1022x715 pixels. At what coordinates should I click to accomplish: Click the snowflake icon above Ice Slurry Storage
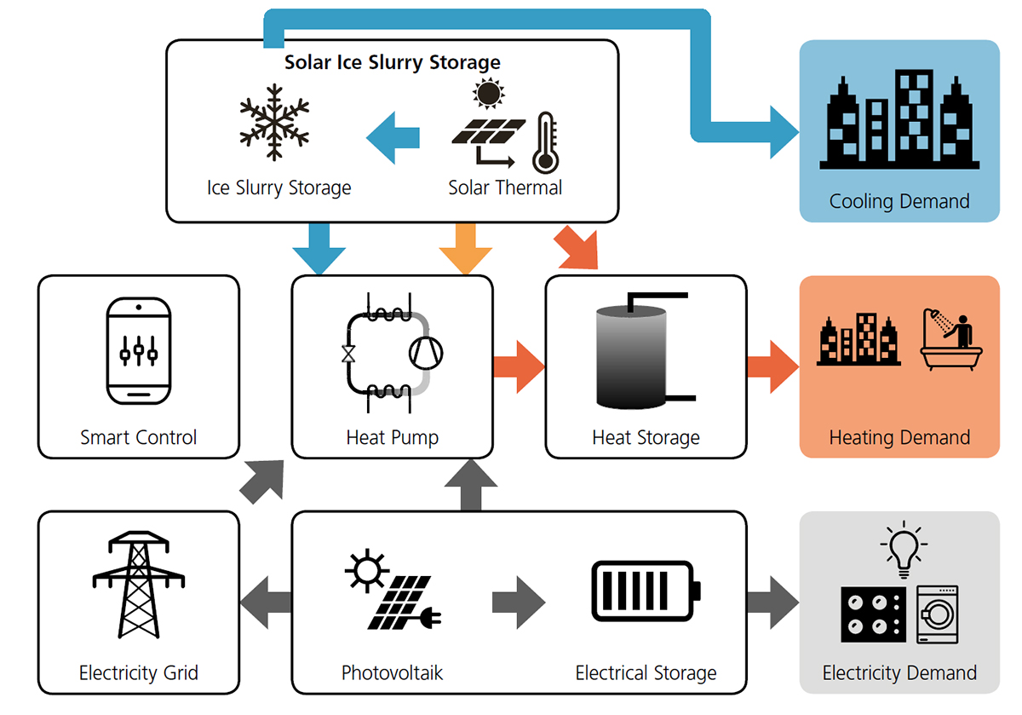point(274,121)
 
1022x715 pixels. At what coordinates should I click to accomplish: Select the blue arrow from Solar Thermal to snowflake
point(393,136)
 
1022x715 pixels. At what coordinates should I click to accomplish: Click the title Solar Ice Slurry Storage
point(392,62)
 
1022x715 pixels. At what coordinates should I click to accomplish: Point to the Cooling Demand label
point(899,202)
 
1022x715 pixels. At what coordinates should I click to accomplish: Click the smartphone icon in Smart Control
point(139,350)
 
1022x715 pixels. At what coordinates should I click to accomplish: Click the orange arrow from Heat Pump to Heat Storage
point(519,366)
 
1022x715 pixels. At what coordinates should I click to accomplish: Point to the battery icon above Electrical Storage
point(646,590)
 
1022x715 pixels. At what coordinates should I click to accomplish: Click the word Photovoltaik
point(392,673)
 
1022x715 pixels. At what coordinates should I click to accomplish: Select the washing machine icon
point(937,614)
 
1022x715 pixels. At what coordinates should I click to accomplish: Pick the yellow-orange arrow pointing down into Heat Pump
point(465,248)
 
